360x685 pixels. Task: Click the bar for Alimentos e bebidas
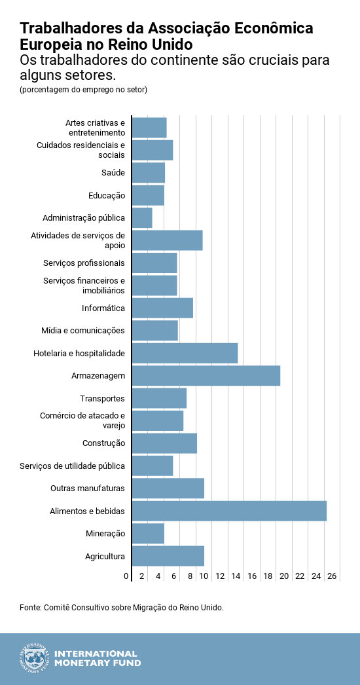point(229,511)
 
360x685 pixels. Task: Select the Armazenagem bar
point(206,376)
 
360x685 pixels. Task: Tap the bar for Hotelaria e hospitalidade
point(185,353)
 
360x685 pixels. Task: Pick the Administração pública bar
point(142,218)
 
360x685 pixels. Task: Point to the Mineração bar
point(148,534)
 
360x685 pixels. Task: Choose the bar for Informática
point(162,308)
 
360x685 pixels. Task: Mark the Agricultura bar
point(168,556)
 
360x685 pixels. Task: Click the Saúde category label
point(113,173)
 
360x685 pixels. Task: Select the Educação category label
point(106,195)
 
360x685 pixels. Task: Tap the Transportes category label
point(102,398)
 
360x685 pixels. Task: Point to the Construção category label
point(103,443)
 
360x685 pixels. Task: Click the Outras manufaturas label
point(88,489)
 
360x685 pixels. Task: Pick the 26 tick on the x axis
point(332,576)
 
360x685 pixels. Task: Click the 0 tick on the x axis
point(126,576)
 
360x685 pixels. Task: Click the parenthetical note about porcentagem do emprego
point(83,89)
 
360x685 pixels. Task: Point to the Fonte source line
point(122,608)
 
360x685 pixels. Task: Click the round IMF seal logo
point(35,658)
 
